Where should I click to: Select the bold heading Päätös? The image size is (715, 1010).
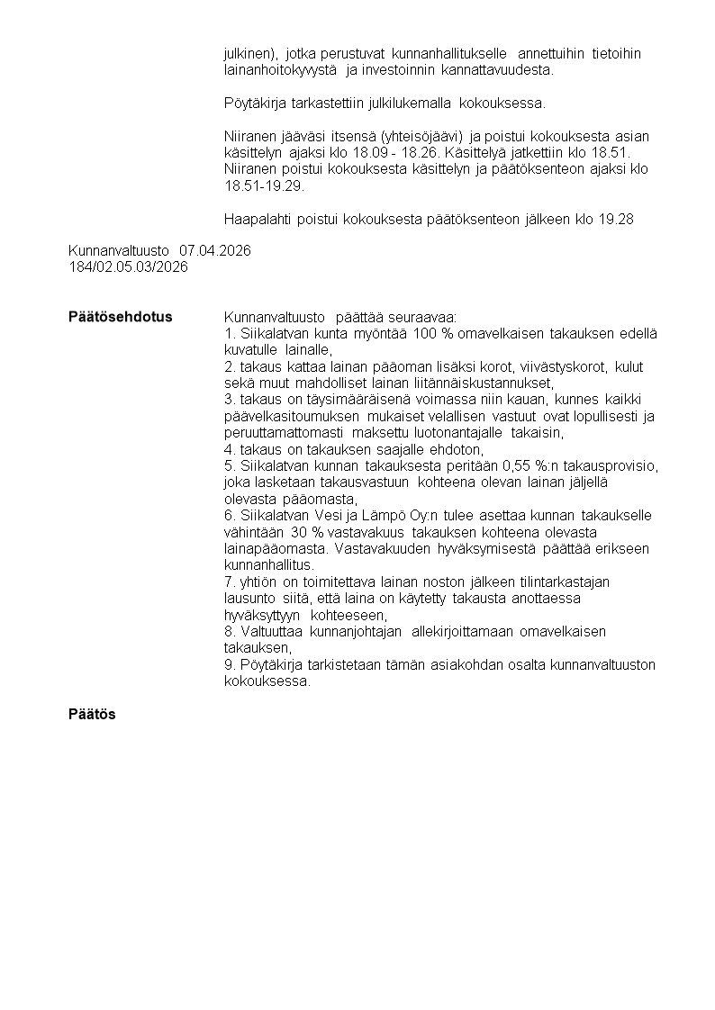pyautogui.click(x=92, y=715)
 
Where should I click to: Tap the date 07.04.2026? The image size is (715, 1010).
pyautogui.click(x=215, y=250)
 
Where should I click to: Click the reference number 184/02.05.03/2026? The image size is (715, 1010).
pyautogui.click(x=128, y=266)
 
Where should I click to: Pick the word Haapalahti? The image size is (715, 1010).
pyautogui.click(x=258, y=218)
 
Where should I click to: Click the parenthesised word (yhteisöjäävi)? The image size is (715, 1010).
pyautogui.click(x=411, y=135)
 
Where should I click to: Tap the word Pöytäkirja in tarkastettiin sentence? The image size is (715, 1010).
pyautogui.click(x=252, y=103)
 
